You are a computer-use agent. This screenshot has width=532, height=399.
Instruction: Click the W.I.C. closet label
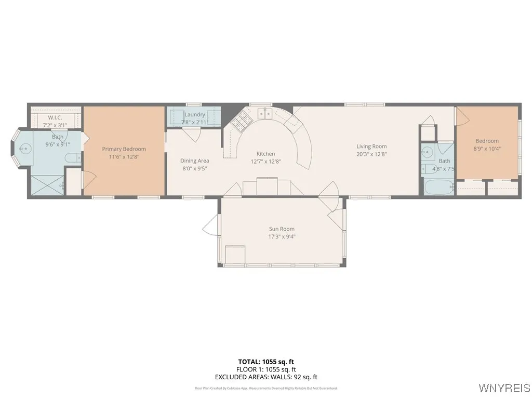[x=55, y=118]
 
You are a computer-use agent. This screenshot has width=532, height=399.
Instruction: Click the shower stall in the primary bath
[x=47, y=185]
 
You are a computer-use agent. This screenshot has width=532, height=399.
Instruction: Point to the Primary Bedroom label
[x=124, y=149]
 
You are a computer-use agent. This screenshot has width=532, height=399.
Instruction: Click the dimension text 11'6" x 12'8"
[x=124, y=156]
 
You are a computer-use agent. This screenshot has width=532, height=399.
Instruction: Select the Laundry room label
[x=195, y=114]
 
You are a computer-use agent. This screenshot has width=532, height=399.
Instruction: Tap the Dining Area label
[x=195, y=161]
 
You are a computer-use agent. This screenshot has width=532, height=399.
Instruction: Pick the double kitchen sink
[x=266, y=114]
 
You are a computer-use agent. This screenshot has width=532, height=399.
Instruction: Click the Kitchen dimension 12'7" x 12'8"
[x=265, y=161]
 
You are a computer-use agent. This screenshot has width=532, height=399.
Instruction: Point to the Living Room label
[x=371, y=146]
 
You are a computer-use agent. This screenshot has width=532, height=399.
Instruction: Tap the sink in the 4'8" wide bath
[x=427, y=152]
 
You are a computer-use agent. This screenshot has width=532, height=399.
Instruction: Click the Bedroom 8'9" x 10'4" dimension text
[x=487, y=149]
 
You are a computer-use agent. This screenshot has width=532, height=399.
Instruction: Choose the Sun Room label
[x=282, y=229]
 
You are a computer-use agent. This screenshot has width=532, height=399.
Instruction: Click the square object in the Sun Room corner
[x=235, y=255]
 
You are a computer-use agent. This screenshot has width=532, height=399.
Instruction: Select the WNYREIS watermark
[x=504, y=388]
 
